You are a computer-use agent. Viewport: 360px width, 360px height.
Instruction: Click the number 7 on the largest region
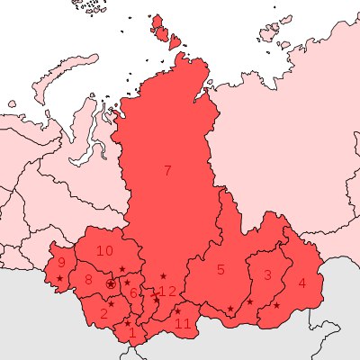pyautogui.click(x=166, y=171)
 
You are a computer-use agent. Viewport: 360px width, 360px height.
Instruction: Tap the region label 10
pyautogui.click(x=105, y=250)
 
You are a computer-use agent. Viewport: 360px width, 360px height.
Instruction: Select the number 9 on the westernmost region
pyautogui.click(x=61, y=263)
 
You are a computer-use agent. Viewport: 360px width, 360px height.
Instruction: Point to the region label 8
pyautogui.click(x=88, y=280)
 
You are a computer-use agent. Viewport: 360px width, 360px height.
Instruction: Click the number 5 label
pyautogui.click(x=220, y=269)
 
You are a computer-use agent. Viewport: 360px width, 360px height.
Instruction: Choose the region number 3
pyautogui.click(x=267, y=274)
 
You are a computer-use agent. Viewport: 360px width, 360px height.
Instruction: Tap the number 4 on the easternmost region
pyautogui.click(x=301, y=283)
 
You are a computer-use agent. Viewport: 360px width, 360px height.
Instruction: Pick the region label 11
pyautogui.click(x=183, y=323)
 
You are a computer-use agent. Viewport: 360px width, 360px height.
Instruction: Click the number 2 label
pyautogui.click(x=103, y=313)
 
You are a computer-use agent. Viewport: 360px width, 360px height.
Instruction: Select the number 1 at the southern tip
pyautogui.click(x=132, y=333)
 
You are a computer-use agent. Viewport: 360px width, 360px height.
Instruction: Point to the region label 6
pyautogui.click(x=133, y=293)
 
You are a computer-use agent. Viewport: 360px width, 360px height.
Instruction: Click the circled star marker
pyautogui.click(x=111, y=283)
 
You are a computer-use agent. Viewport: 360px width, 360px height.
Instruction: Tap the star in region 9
pyautogui.click(x=59, y=278)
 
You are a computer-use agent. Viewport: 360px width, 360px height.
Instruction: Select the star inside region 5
pyautogui.click(x=230, y=310)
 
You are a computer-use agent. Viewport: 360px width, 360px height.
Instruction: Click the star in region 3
pyautogui.click(x=250, y=301)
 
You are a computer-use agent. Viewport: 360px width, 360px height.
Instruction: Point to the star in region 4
pyautogui.click(x=276, y=305)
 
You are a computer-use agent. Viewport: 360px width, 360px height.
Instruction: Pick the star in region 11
pyautogui.click(x=177, y=311)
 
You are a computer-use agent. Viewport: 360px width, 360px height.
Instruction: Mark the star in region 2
pyautogui.click(x=111, y=303)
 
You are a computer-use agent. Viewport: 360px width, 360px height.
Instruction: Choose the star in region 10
pyautogui.click(x=122, y=269)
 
